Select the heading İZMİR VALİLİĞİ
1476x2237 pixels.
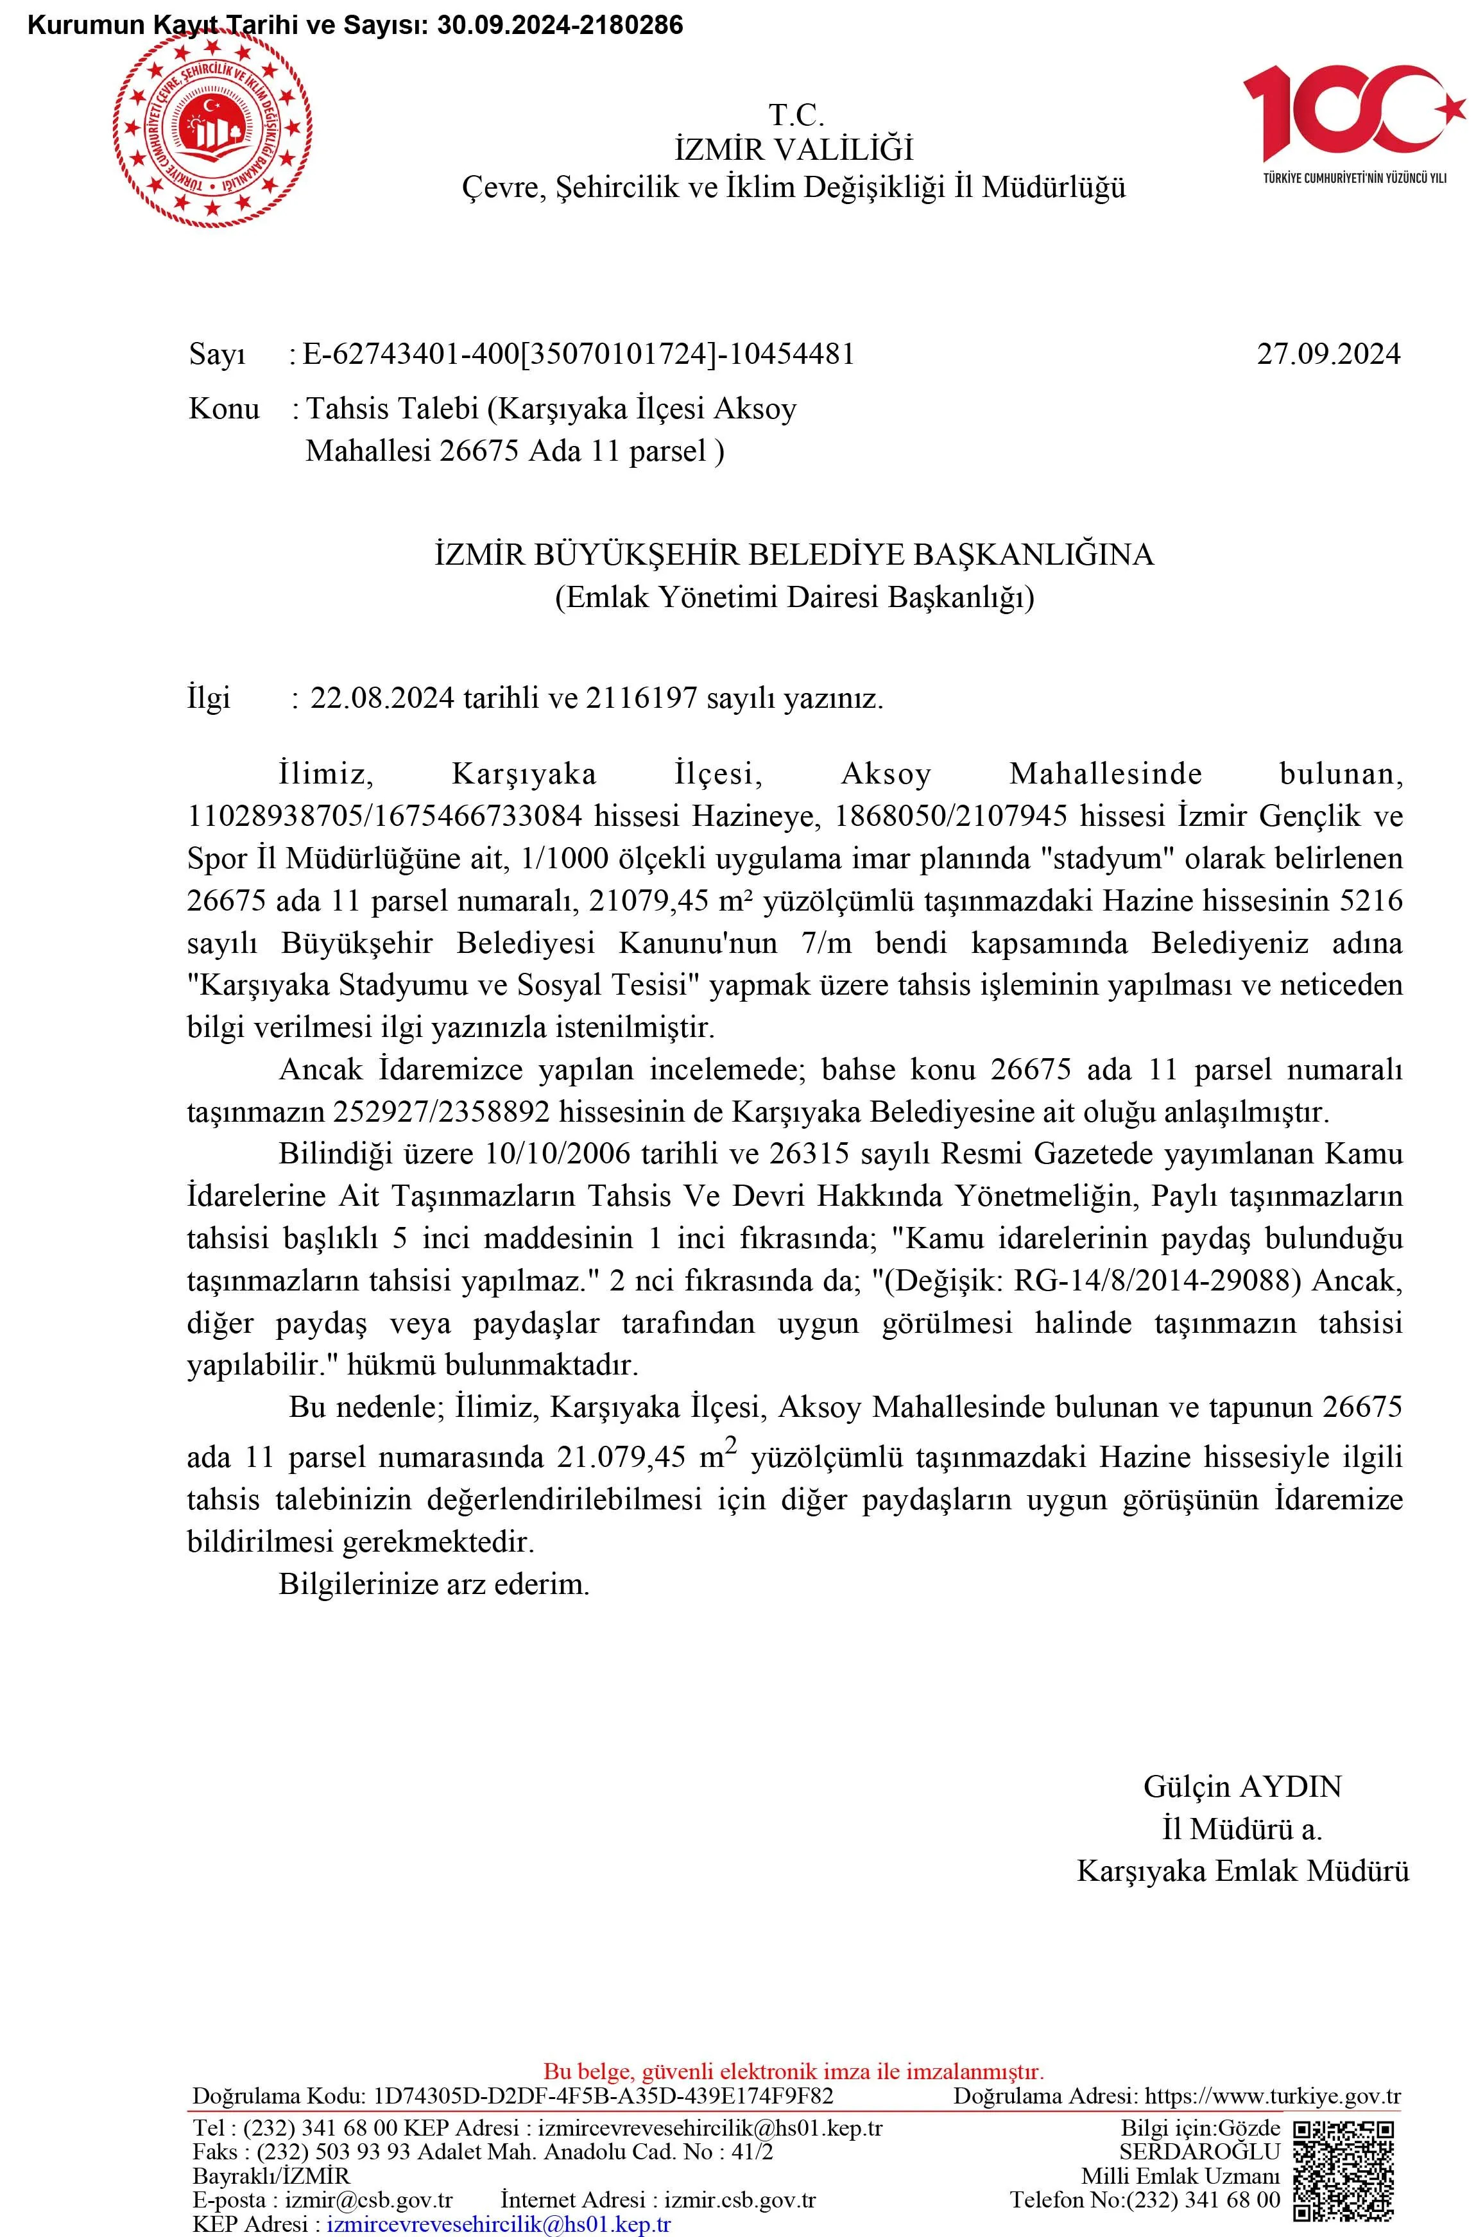794,150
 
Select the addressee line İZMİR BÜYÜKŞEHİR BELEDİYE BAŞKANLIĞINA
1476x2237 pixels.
794,554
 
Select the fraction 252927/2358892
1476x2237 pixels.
442,1112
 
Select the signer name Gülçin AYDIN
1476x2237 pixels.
1242,1787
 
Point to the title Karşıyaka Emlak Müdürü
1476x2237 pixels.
1242,1870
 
